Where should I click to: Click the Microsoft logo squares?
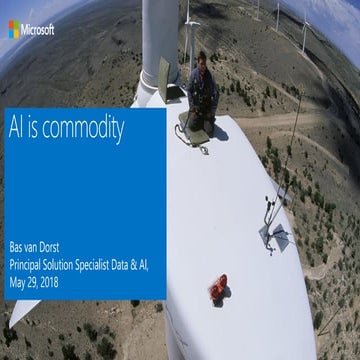(x=13, y=30)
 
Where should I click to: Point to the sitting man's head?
(x=200, y=59)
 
